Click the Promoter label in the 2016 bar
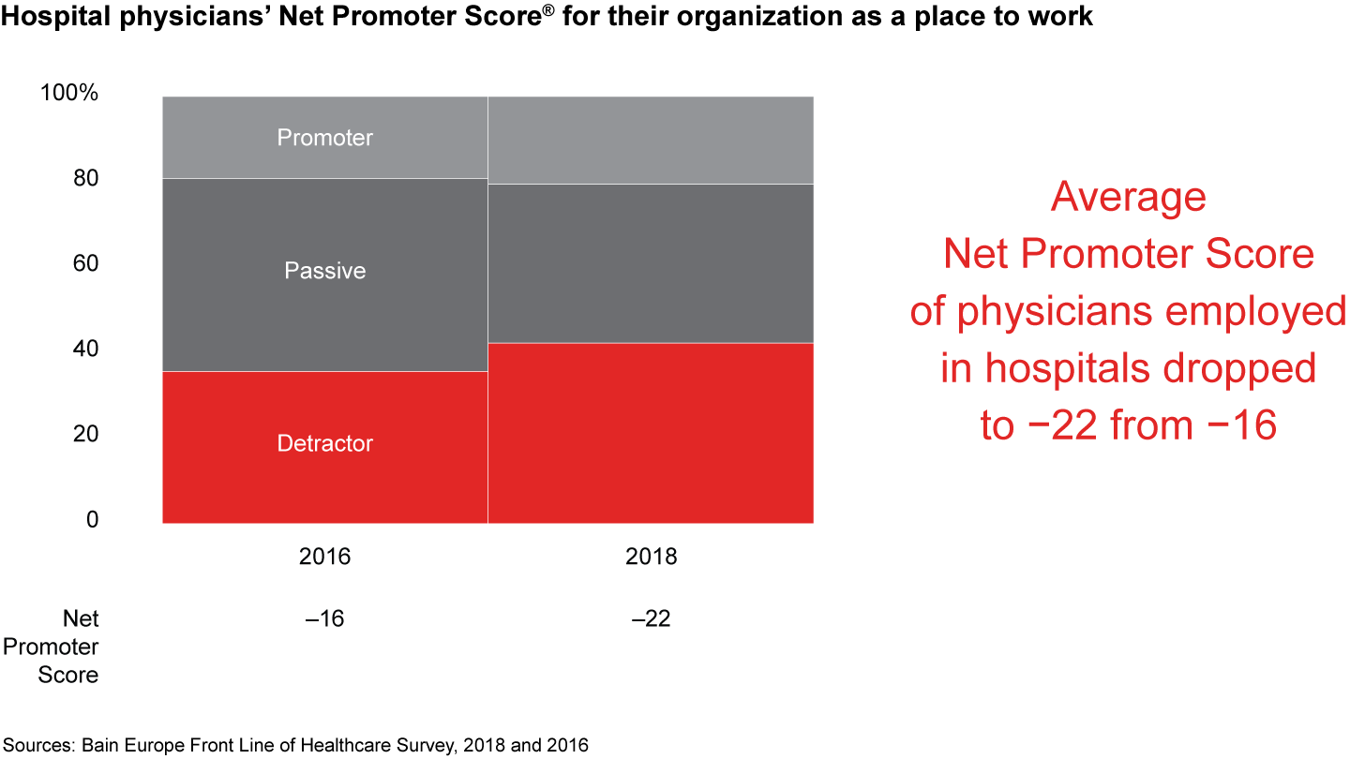click(324, 138)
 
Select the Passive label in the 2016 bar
click(324, 271)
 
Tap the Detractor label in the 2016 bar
click(324, 443)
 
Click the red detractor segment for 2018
click(650, 433)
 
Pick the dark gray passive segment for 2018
click(650, 263)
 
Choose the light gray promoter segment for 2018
click(650, 140)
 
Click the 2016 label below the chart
click(324, 557)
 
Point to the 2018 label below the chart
click(651, 557)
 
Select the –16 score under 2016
click(324, 619)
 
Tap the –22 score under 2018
click(651, 619)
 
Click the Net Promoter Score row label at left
click(68, 647)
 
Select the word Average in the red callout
click(1128, 198)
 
